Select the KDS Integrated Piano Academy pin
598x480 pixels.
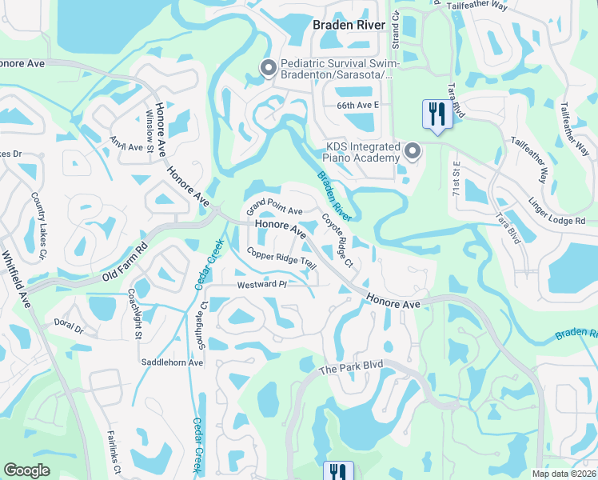(x=413, y=151)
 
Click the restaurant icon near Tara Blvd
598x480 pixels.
(x=437, y=113)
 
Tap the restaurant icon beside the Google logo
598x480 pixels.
(x=338, y=472)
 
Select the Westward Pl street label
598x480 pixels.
(x=261, y=285)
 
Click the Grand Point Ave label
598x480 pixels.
(x=274, y=207)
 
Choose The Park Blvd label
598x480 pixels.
(x=352, y=368)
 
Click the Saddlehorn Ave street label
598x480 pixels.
(x=172, y=362)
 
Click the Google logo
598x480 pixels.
(x=27, y=470)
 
